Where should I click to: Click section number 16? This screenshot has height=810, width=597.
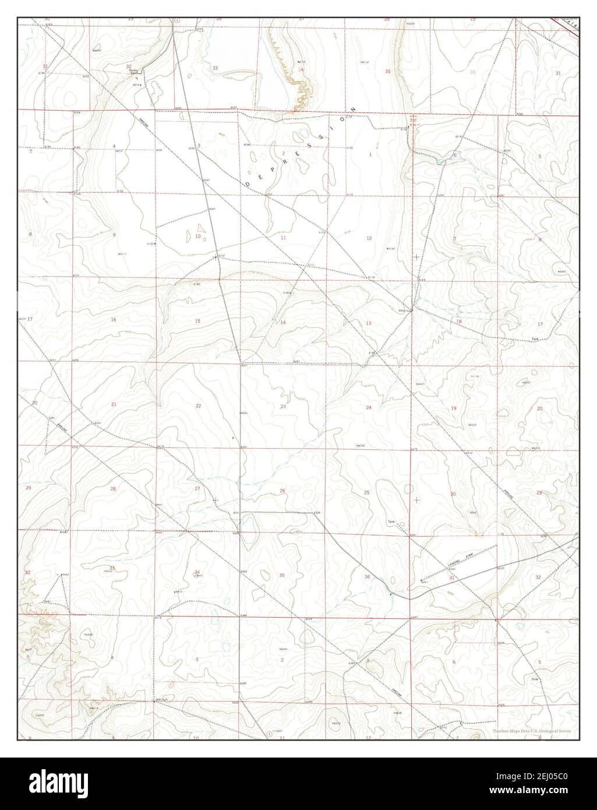[x=114, y=319]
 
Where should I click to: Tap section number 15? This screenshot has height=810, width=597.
[x=197, y=321]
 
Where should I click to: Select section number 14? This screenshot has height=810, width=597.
[x=283, y=322]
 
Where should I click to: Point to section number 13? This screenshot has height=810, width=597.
[x=368, y=323]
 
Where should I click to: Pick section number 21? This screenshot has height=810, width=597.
[x=114, y=404]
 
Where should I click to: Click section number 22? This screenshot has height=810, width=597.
[x=198, y=406]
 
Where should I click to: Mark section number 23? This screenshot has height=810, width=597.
[x=283, y=407]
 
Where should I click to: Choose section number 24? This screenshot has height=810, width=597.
[x=368, y=407]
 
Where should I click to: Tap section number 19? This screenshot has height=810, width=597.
[x=454, y=408]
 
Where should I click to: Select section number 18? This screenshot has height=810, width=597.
[x=458, y=322]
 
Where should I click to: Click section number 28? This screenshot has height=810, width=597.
[x=113, y=488]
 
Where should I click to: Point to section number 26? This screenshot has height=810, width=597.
[x=282, y=491]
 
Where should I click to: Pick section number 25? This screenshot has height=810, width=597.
[x=366, y=493]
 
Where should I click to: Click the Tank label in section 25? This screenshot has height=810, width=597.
[x=391, y=522]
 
